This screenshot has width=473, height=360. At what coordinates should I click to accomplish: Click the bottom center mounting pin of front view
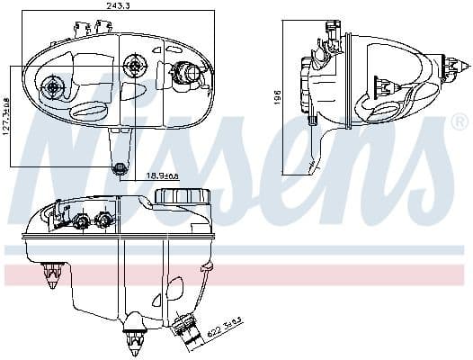coord(136,335)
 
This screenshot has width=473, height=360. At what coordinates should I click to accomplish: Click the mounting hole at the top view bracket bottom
coord(120,166)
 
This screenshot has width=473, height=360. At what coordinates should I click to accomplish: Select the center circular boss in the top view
coord(135,64)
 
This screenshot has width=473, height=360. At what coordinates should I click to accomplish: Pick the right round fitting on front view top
coord(105,220)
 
